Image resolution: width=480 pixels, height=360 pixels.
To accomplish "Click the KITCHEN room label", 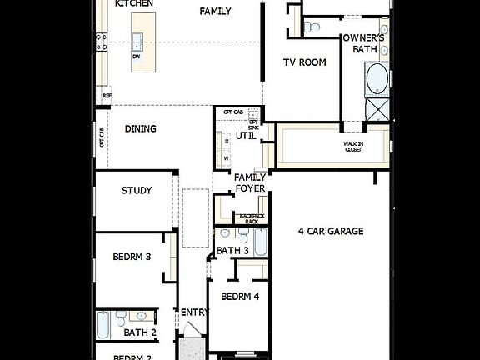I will pyautogui.click(x=134, y=3).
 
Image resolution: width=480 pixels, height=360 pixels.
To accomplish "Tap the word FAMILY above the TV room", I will pyautogui.click(x=216, y=12).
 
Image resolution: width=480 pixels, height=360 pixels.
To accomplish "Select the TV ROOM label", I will pyautogui.click(x=304, y=62).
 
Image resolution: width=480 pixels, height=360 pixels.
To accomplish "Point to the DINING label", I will pyautogui.click(x=140, y=129).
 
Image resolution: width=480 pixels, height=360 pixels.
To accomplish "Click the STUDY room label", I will pyautogui.click(x=137, y=191).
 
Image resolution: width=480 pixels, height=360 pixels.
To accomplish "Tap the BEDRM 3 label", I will pyautogui.click(x=132, y=257).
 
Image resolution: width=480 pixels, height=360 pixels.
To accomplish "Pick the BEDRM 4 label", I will pyautogui.click(x=240, y=296).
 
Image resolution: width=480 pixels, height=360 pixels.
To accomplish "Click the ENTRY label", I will pyautogui.click(x=194, y=312).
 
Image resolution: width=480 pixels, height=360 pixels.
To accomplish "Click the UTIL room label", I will pyautogui.click(x=246, y=135).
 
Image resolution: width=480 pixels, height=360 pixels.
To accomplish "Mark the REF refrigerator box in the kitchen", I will pyautogui.click(x=107, y=96).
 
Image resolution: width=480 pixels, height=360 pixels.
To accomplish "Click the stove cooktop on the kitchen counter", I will pyautogui.click(x=102, y=41).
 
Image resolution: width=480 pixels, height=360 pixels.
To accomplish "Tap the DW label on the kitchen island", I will pyautogui.click(x=136, y=57).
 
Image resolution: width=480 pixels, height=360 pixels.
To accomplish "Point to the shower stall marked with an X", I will pyautogui.click(x=378, y=109).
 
